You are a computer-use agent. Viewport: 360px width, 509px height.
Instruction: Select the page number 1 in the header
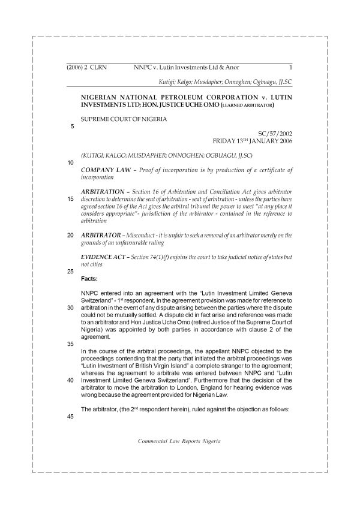click(290, 68)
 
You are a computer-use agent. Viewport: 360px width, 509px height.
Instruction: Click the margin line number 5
click(72, 127)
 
